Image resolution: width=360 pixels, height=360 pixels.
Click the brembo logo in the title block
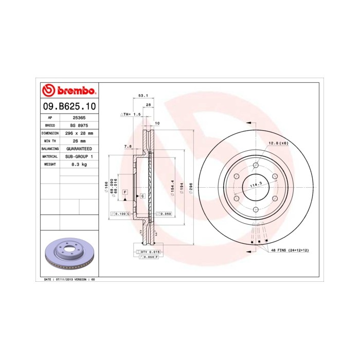point(68,91)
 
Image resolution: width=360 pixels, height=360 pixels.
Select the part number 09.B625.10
point(68,106)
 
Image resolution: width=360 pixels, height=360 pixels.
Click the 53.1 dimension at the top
point(143,96)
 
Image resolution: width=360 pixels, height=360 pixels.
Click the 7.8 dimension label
point(128,147)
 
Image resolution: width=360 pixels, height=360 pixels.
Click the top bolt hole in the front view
point(256,165)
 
